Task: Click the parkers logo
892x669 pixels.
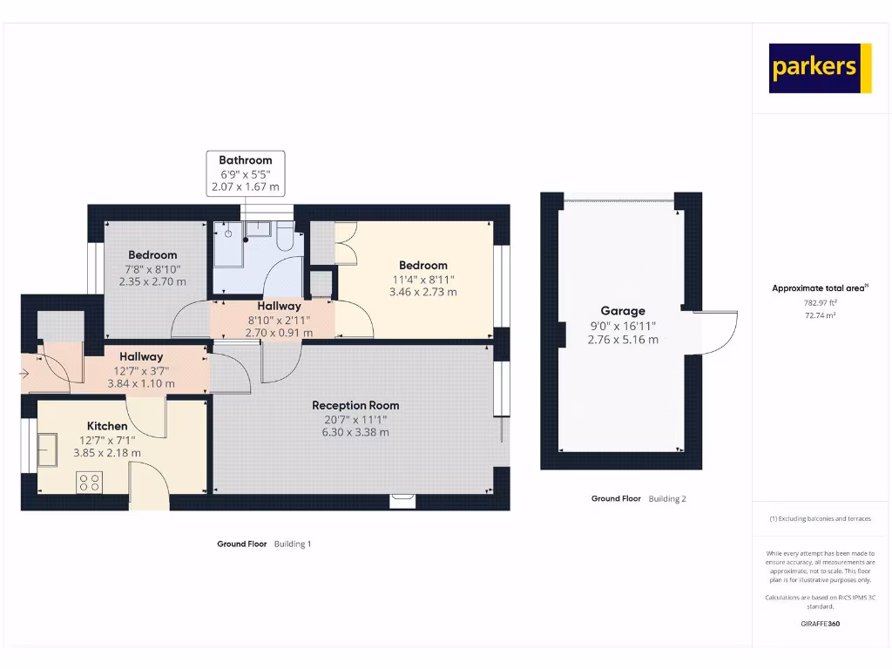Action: click(820, 68)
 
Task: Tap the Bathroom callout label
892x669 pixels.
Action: click(245, 160)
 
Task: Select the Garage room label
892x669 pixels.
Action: click(623, 311)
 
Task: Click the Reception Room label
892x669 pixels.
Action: click(355, 405)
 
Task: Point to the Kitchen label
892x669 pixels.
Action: click(107, 426)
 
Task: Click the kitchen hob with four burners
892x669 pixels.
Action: click(90, 482)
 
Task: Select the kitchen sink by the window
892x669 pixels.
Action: click(48, 449)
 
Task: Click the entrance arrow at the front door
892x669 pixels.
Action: click(26, 375)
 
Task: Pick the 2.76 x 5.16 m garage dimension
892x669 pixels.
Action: click(623, 340)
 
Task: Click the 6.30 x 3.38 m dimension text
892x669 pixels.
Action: click(355, 432)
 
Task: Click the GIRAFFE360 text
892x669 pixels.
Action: click(820, 624)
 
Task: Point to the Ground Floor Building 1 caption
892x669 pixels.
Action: click(264, 544)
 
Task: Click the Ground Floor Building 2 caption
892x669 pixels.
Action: click(639, 499)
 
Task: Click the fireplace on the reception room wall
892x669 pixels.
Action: click(402, 499)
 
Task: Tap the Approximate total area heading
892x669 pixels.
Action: click(819, 288)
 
